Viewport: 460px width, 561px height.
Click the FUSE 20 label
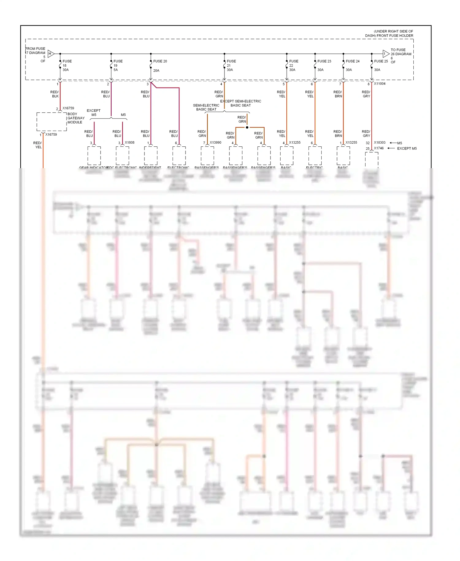pyautogui.click(x=160, y=61)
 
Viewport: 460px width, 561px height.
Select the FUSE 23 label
pyautogui.click(x=324, y=61)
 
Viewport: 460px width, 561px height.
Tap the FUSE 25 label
pyautogui.click(x=381, y=61)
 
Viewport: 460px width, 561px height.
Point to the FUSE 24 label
pyautogui.click(x=353, y=61)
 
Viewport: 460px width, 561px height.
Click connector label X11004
pyautogui.click(x=380, y=84)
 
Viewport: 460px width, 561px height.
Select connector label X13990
pyautogui.click(x=215, y=143)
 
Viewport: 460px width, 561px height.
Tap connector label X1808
pyautogui.click(x=129, y=143)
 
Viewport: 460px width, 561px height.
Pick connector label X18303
pyautogui.click(x=380, y=143)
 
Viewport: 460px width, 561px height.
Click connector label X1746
pyautogui.click(x=379, y=148)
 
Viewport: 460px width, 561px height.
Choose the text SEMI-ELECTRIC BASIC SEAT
pyautogui.click(x=206, y=107)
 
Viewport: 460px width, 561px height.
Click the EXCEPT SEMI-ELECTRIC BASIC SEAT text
pyautogui.click(x=241, y=103)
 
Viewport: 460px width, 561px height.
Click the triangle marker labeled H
pyautogui.click(x=51, y=54)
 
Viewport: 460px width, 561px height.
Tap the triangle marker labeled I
pyautogui.click(x=386, y=54)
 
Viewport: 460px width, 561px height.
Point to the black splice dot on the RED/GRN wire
pyautogui.click(x=247, y=127)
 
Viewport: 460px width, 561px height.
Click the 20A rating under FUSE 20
pyautogui.click(x=156, y=71)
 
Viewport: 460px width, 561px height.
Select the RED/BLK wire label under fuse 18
pyautogui.click(x=55, y=94)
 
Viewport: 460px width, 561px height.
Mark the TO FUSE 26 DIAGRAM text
pyautogui.click(x=401, y=52)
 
